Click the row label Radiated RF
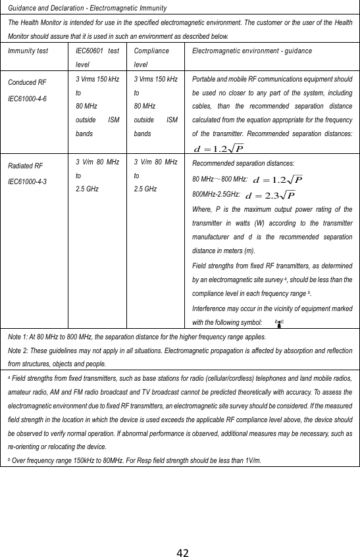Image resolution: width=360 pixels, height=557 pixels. (x=26, y=166)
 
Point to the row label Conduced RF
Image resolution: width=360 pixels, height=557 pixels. (x=27, y=82)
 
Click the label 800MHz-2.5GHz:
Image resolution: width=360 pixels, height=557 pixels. (x=214, y=195)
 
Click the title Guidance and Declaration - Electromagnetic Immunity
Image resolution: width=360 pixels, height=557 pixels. (x=86, y=7)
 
